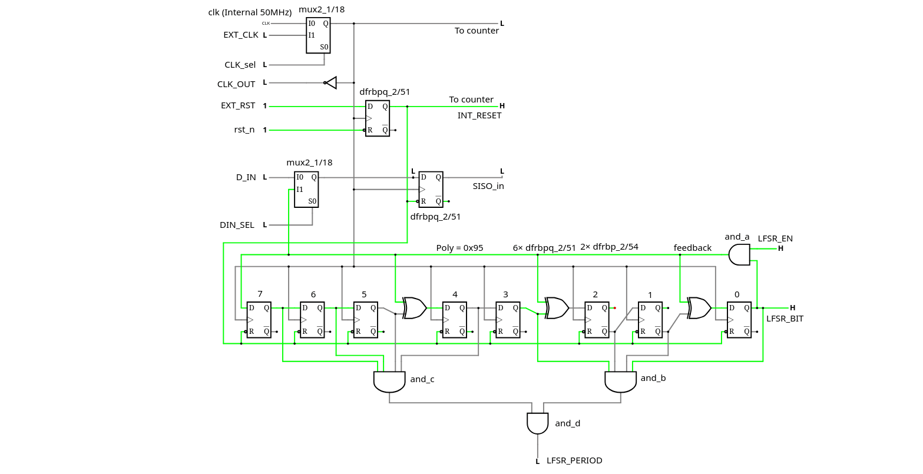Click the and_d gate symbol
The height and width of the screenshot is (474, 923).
(x=537, y=423)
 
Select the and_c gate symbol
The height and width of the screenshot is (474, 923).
(x=389, y=382)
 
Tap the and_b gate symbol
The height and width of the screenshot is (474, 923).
(x=620, y=382)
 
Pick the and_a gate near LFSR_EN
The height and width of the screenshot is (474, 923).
(x=739, y=255)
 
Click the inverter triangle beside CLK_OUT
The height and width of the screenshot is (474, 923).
(x=331, y=82)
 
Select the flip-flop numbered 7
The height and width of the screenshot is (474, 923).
(x=259, y=320)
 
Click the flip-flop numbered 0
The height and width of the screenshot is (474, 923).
(x=739, y=320)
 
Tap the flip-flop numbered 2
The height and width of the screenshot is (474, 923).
(x=596, y=320)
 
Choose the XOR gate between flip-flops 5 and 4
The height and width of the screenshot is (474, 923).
(x=415, y=308)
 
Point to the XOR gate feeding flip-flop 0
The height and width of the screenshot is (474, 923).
(x=700, y=308)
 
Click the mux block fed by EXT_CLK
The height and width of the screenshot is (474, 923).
(x=318, y=35)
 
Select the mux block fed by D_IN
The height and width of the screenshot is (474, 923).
(x=306, y=190)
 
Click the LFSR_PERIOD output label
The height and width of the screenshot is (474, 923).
(x=574, y=460)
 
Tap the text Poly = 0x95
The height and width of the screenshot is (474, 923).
(x=459, y=248)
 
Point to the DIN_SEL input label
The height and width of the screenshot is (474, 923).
(x=237, y=225)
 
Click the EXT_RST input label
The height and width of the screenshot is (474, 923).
(x=238, y=106)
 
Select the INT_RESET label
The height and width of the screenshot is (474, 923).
(x=479, y=115)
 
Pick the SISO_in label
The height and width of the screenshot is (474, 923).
(x=488, y=186)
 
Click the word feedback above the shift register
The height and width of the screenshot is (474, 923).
(x=693, y=248)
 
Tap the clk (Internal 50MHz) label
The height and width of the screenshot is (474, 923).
(x=250, y=12)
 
